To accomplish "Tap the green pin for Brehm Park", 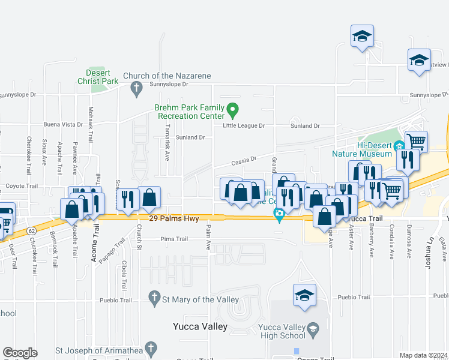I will (234, 110).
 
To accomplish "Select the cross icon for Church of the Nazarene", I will (136, 89).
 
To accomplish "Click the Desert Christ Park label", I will (98, 76).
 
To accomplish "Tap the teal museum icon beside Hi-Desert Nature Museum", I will (399, 146).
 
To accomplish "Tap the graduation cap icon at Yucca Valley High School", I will (313, 328).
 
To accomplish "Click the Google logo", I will (20, 352).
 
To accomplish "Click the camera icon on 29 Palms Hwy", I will (279, 213).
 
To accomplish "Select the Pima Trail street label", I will (174, 239).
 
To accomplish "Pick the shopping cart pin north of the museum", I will (416, 142).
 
